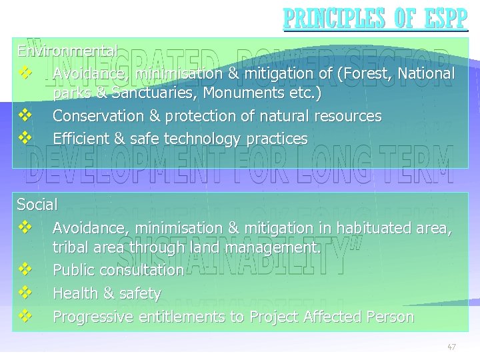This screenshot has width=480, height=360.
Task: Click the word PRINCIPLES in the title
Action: coord(327,19)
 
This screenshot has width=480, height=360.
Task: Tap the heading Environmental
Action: coord(68,51)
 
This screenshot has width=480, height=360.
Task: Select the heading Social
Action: coord(37,204)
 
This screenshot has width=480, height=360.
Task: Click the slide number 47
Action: coord(451,347)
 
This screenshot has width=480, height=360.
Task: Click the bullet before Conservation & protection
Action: coord(26,115)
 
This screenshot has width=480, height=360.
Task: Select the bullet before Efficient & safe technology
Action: coord(26,138)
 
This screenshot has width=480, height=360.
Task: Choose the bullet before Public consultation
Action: coord(26,269)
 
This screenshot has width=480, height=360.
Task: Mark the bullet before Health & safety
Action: coord(26,293)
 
